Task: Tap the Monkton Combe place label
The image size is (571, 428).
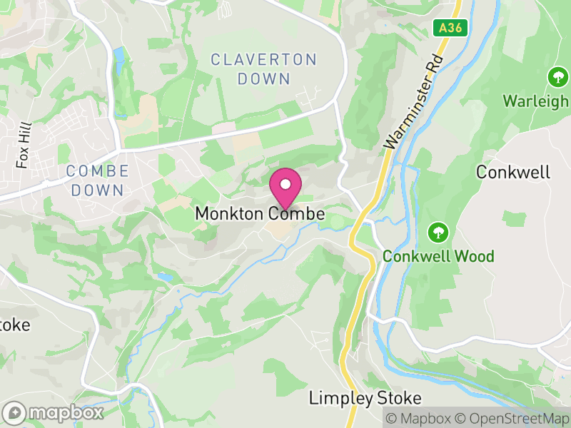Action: [260, 214]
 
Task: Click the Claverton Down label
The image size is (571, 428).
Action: [264, 68]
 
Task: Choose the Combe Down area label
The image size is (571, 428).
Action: [97, 180]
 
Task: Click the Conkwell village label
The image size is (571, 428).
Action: [513, 172]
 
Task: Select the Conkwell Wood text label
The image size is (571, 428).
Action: [438, 256]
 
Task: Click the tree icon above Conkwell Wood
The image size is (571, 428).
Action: [438, 232]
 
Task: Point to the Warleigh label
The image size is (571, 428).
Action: [537, 101]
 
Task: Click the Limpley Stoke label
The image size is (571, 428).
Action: [365, 398]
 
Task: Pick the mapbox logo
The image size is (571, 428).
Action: [54, 412]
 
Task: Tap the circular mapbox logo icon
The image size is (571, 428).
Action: [15, 412]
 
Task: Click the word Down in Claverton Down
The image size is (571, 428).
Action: [264, 78]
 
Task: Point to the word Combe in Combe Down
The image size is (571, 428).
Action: [97, 171]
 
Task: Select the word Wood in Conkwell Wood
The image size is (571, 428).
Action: [475, 256]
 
